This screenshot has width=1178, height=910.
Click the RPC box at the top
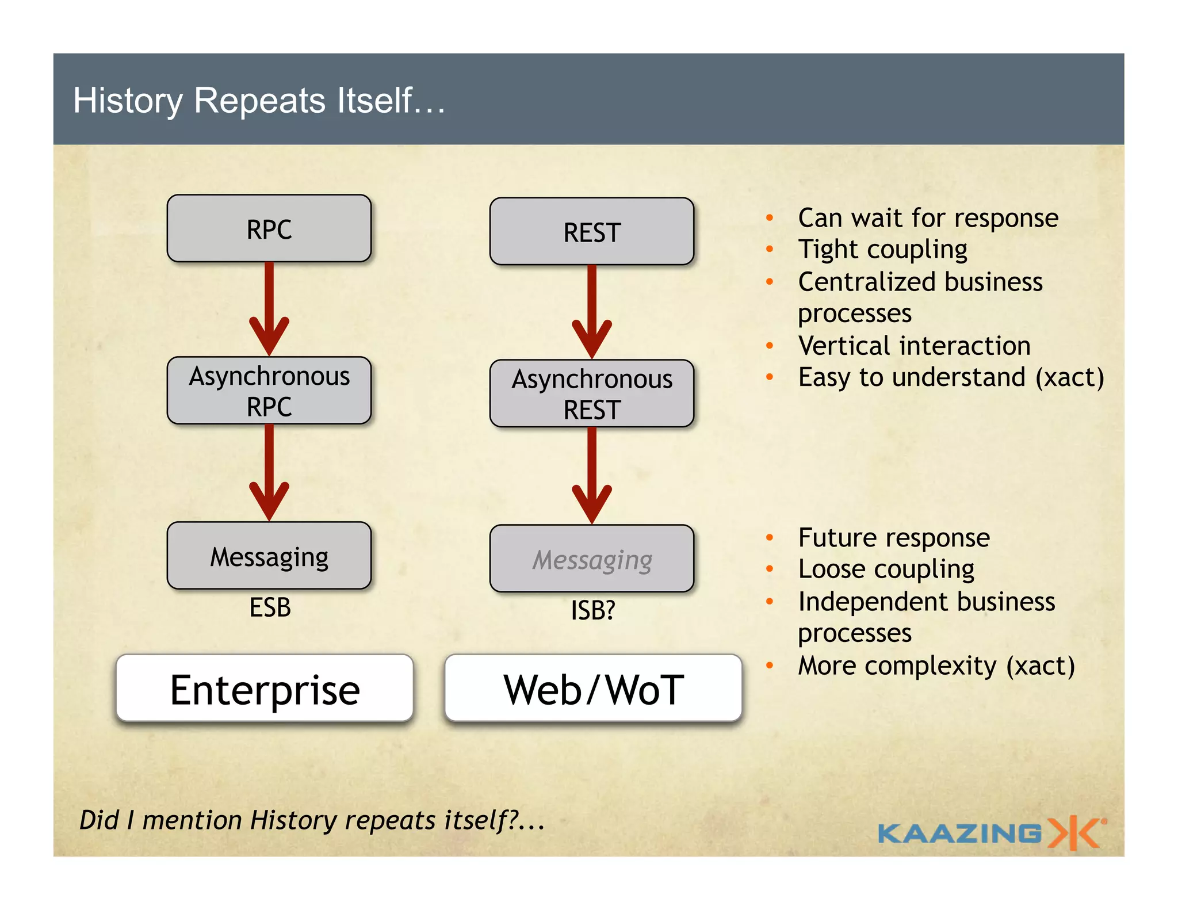tap(269, 228)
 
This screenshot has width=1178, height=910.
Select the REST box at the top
tap(591, 231)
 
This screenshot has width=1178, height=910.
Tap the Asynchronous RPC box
tap(269, 391)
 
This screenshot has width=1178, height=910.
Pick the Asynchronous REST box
tap(591, 393)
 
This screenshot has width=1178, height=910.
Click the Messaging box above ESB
tap(269, 556)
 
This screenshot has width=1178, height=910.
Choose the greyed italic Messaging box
tap(591, 559)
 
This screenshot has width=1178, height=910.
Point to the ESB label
tap(270, 607)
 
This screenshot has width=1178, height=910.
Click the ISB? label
tap(592, 610)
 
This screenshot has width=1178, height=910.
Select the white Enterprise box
tap(265, 689)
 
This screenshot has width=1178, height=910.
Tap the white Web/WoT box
tap(593, 689)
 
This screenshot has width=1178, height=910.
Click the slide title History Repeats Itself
tap(259, 100)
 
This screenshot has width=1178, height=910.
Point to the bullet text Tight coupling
tap(882, 249)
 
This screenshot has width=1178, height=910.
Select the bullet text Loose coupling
tap(886, 569)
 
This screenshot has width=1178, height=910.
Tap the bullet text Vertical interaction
tap(914, 346)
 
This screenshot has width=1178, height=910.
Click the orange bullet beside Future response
tap(770, 537)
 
